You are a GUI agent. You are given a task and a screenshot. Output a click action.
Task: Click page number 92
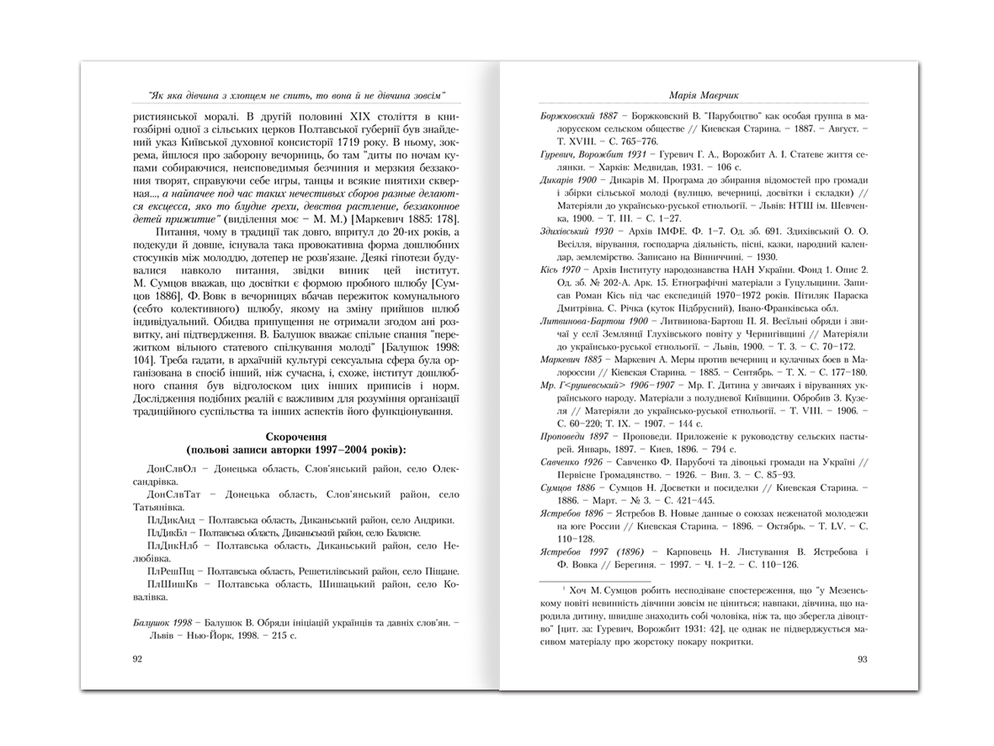point(137,659)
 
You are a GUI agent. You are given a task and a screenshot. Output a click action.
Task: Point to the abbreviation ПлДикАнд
point(171,520)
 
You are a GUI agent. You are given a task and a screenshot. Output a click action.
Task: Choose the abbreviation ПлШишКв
point(173,584)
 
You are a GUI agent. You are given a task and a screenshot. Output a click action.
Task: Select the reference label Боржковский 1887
point(579,114)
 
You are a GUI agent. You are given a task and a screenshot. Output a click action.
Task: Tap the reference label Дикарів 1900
point(568,181)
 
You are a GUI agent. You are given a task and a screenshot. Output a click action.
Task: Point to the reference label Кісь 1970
point(561,269)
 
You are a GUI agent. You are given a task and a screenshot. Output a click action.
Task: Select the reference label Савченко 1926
point(571,461)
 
